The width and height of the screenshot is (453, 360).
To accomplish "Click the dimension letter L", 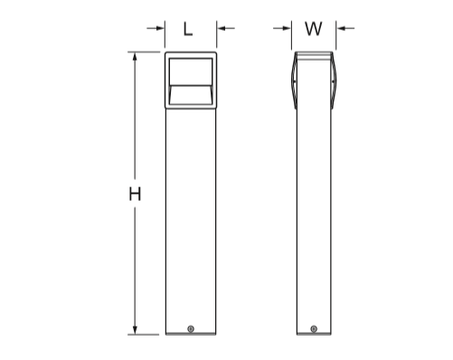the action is tap(188, 30).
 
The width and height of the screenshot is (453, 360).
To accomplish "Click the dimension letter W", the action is tap(314, 29).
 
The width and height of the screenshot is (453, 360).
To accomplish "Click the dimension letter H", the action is tap(135, 194).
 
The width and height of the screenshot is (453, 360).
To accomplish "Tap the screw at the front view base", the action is tap(191, 329).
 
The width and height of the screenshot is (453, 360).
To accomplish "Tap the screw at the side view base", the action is tap(314, 329).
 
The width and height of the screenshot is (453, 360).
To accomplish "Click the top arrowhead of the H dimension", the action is tap(135, 57).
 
